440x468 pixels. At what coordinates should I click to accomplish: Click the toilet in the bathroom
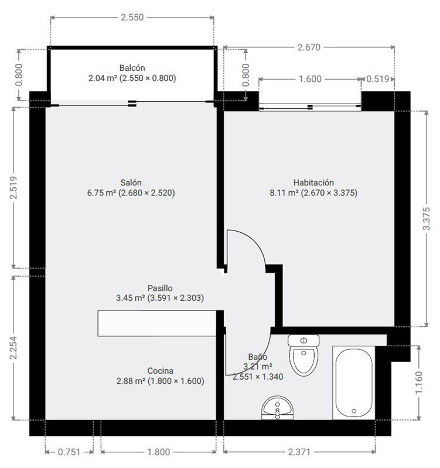tap(303, 355)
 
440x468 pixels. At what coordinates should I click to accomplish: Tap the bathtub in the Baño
tap(354, 383)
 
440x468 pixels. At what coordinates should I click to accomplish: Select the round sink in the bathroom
tap(277, 408)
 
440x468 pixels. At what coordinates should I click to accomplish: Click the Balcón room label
tap(132, 68)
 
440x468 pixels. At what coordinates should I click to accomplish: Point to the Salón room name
tap(131, 183)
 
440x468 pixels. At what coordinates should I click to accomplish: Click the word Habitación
tap(313, 183)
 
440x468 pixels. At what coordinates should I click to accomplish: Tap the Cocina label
tap(160, 371)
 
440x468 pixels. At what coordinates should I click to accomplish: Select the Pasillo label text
tap(160, 288)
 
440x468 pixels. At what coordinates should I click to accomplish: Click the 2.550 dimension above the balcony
tap(132, 18)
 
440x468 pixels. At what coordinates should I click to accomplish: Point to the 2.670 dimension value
tap(309, 47)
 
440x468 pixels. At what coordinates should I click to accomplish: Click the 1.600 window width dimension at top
tap(310, 79)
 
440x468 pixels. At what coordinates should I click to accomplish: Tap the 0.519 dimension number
tap(378, 79)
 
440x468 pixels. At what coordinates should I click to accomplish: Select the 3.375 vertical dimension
tap(427, 218)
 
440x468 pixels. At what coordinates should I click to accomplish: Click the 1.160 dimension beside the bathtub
tap(419, 383)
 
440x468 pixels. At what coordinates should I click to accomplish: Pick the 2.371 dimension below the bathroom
tap(299, 452)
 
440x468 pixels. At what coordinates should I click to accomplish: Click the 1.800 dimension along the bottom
tap(158, 452)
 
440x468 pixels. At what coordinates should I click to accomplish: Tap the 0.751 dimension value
tap(69, 452)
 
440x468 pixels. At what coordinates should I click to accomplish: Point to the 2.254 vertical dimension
tap(13, 348)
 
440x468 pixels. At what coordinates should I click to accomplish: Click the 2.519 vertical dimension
tap(13, 188)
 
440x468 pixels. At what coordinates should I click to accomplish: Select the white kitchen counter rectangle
tap(158, 324)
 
